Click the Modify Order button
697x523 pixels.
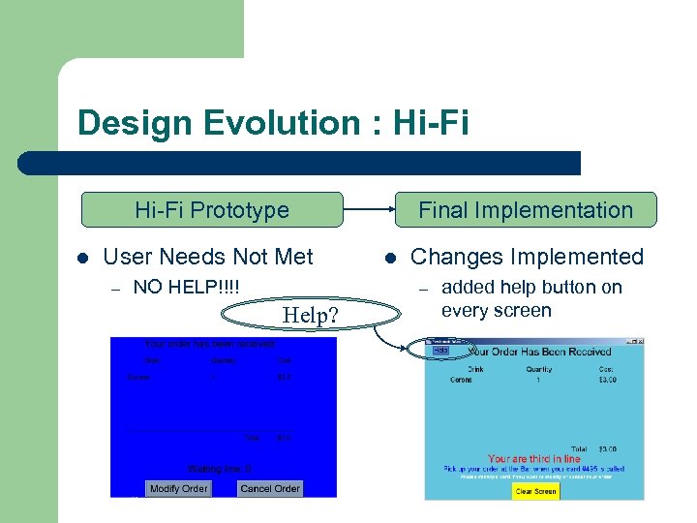[178, 488]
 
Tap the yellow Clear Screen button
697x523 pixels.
[535, 491]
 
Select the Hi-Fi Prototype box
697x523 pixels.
[211, 210]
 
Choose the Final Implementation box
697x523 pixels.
[525, 210]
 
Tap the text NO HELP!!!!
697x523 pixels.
[187, 287]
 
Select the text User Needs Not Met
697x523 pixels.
[207, 257]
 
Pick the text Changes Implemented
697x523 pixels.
[527, 257]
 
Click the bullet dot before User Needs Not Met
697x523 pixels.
[82, 258]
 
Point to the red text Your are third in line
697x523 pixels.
[534, 458]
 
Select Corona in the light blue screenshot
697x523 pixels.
[462, 380]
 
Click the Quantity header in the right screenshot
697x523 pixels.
[539, 368]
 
